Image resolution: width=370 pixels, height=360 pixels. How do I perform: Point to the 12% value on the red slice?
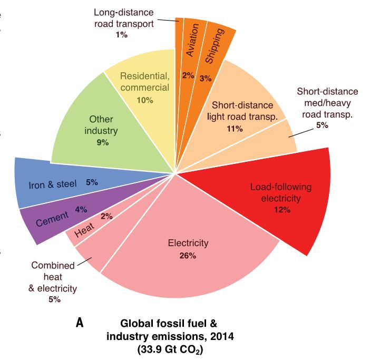coord(282,209)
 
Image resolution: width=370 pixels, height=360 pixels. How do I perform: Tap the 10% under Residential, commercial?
coord(144,100)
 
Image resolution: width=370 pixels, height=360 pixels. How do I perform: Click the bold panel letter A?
coord(80,323)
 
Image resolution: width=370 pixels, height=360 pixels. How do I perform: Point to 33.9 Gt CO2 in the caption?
coord(169,347)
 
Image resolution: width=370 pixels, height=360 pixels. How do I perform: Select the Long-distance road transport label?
coord(124,17)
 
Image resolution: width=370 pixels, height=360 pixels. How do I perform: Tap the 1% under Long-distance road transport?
coord(121,35)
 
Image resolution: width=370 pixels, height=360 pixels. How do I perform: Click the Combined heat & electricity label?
coord(53,277)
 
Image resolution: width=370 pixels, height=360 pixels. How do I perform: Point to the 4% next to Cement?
coord(81,209)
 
